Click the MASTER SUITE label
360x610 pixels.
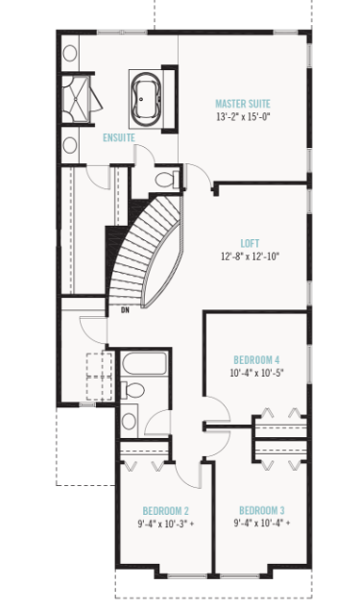(x=242, y=103)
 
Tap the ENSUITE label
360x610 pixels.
(x=119, y=138)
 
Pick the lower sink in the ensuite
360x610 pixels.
(x=70, y=145)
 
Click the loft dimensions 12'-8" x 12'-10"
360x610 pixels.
(x=250, y=256)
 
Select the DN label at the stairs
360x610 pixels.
(x=125, y=310)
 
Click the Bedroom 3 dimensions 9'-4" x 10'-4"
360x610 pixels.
(x=262, y=524)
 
